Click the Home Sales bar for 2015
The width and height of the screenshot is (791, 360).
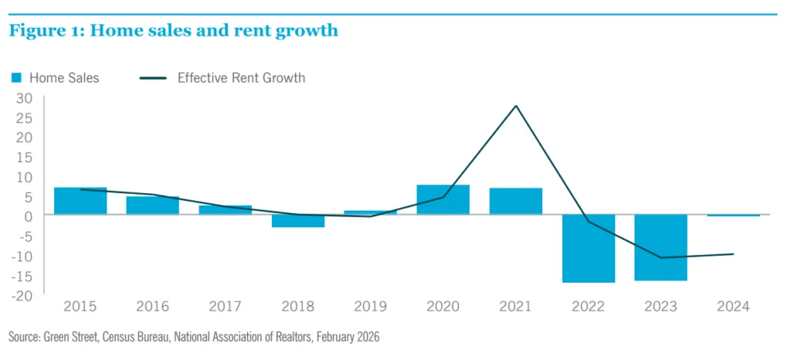(80, 201)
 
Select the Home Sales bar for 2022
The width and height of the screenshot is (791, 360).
(589, 249)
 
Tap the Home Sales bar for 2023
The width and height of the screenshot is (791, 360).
(660, 248)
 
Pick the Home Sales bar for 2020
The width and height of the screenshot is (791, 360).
(443, 200)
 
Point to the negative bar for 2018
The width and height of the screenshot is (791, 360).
(298, 221)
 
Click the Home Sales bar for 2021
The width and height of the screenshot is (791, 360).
(515, 202)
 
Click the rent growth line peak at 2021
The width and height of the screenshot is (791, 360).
(515, 106)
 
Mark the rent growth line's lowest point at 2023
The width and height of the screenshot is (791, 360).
(660, 257)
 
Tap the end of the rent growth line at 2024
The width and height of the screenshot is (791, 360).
(733, 254)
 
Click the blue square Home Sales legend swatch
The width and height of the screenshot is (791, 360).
(16, 78)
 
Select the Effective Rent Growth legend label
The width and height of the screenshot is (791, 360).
(241, 78)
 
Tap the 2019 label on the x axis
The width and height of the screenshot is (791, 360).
(370, 307)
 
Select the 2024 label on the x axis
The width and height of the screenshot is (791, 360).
(733, 307)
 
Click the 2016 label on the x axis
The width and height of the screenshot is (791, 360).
(153, 307)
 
